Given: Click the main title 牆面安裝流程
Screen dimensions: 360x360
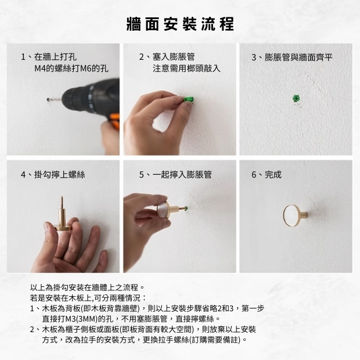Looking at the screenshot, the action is click(180, 24).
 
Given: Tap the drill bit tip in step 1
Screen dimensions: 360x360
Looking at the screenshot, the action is click(48, 100).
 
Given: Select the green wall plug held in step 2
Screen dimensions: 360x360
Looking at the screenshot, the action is click(189, 100).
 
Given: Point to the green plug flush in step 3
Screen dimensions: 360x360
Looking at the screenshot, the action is click(296, 99).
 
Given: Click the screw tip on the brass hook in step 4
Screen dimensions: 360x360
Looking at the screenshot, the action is click(62, 197).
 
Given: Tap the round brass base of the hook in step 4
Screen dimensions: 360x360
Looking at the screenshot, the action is click(62, 228).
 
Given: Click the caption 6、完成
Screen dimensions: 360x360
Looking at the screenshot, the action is click(267, 175).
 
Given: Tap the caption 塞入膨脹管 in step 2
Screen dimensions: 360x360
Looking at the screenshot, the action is click(174, 57).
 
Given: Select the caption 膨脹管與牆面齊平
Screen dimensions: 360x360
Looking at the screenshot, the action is click(298, 57).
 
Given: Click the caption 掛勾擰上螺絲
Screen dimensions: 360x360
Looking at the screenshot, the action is click(60, 175).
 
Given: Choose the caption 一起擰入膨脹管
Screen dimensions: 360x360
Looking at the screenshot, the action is click(182, 175).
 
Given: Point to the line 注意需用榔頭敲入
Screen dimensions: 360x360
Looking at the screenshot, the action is click(186, 69).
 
